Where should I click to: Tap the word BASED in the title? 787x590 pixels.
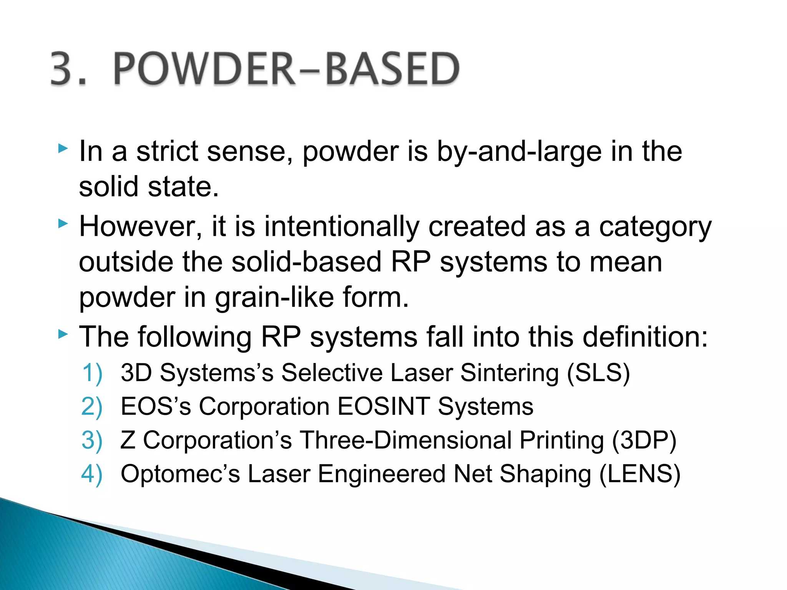[x=392, y=69]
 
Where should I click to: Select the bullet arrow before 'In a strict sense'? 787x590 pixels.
[x=63, y=149]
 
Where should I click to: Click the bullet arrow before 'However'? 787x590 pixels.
[x=63, y=224]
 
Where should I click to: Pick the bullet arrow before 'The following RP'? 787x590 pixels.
[x=63, y=335]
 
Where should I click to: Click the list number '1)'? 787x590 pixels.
[x=92, y=373]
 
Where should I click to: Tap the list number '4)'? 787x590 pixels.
[x=92, y=474]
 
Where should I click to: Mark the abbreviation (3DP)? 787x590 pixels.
[x=644, y=440]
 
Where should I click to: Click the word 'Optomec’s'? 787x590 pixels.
[x=180, y=474]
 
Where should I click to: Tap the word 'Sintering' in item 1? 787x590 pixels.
[x=509, y=374]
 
